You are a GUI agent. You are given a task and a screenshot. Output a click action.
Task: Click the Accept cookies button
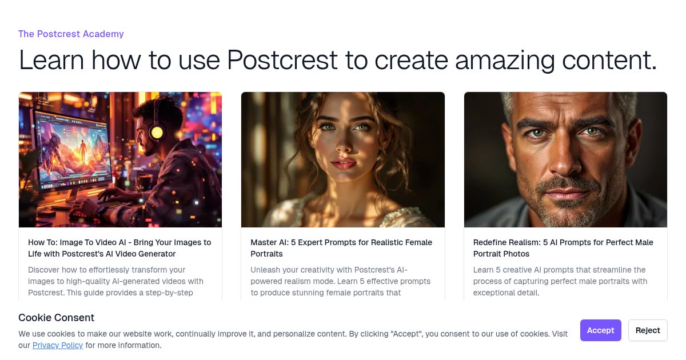pyautogui.click(x=600, y=330)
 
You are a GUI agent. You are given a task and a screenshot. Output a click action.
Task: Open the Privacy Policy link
pyautogui.click(x=58, y=345)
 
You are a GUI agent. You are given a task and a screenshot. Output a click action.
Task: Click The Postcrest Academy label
pyautogui.click(x=71, y=34)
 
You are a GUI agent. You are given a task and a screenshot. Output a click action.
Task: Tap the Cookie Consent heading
pyautogui.click(x=56, y=318)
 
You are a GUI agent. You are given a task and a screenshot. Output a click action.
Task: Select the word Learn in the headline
pyautogui.click(x=51, y=60)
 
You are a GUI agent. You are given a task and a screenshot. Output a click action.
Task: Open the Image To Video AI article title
pyautogui.click(x=119, y=248)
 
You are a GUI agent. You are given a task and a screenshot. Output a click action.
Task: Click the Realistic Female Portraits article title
pyautogui.click(x=341, y=248)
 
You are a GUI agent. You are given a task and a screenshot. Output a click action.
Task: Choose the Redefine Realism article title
pyautogui.click(x=563, y=248)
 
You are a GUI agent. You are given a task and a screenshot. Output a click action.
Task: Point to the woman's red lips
pyautogui.click(x=344, y=165)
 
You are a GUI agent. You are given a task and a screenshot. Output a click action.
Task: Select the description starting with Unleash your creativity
pyautogui.click(x=341, y=281)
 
